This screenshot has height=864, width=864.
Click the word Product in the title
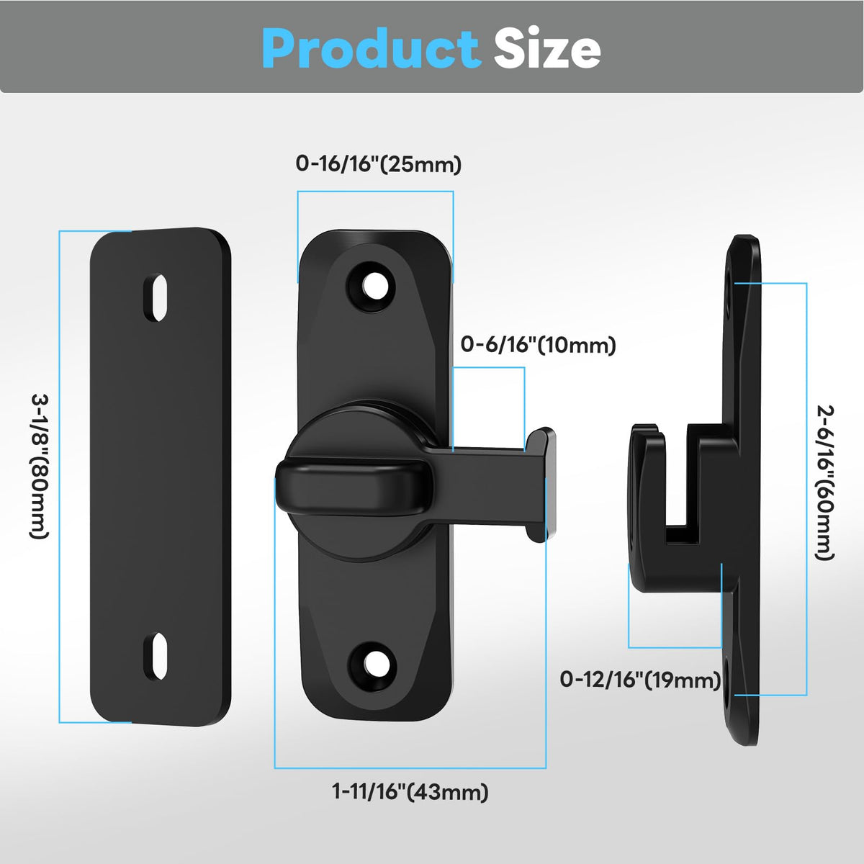372,48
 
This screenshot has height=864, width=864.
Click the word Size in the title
547,48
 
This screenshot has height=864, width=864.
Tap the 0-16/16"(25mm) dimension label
379,164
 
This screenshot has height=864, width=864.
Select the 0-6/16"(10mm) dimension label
539,345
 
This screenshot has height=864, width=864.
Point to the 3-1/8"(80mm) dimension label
40,467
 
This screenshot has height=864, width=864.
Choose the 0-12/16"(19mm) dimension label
640,680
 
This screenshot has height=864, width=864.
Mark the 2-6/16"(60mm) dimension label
824,483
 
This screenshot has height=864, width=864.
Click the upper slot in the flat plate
155,297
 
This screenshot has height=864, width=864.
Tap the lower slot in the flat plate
155,657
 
